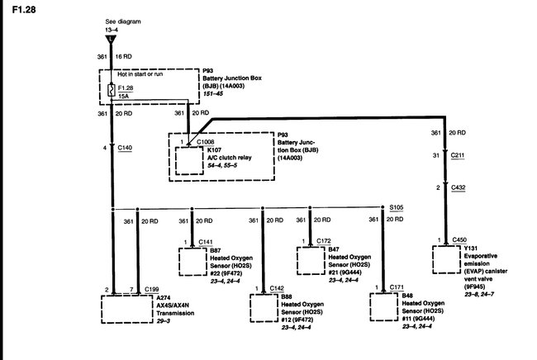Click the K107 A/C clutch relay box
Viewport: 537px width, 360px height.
(189, 161)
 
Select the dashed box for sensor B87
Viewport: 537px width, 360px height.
(195, 262)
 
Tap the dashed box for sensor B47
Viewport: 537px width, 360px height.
(312, 262)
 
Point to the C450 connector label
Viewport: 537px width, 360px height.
(460, 240)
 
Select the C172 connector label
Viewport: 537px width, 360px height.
(324, 241)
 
